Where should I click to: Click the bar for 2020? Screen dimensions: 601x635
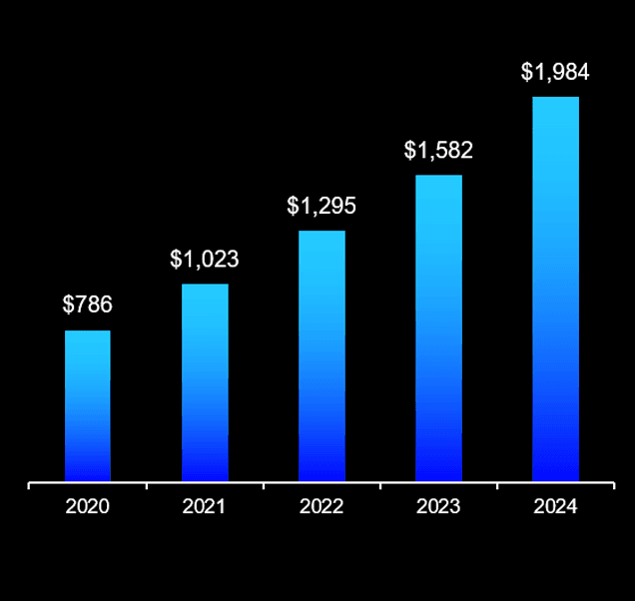(x=88, y=406)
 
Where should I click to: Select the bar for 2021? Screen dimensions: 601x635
(x=205, y=382)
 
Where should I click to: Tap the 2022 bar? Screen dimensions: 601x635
(x=321, y=356)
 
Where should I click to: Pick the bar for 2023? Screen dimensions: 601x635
(x=438, y=328)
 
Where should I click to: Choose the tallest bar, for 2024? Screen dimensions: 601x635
(x=555, y=290)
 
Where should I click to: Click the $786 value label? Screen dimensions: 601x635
(x=87, y=305)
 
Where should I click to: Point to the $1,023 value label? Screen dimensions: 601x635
(x=205, y=260)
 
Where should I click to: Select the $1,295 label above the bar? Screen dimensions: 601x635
(x=321, y=207)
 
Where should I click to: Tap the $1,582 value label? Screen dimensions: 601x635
(x=438, y=151)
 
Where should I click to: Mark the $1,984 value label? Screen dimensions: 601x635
(x=555, y=72)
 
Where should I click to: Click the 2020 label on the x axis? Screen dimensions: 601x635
(x=88, y=507)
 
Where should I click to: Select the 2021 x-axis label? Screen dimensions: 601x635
(x=205, y=507)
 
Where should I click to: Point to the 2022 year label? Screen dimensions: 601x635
(x=321, y=507)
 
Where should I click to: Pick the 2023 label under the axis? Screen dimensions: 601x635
(x=438, y=507)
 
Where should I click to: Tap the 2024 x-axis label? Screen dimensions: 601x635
(x=555, y=507)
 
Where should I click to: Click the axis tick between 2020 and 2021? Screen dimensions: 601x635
(x=147, y=486)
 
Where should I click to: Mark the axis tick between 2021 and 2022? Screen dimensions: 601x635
(x=264, y=486)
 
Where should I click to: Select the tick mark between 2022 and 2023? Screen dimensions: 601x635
(x=380, y=486)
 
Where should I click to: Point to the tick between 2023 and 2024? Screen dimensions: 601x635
(x=497, y=486)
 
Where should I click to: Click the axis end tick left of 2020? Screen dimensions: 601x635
(x=30, y=486)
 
